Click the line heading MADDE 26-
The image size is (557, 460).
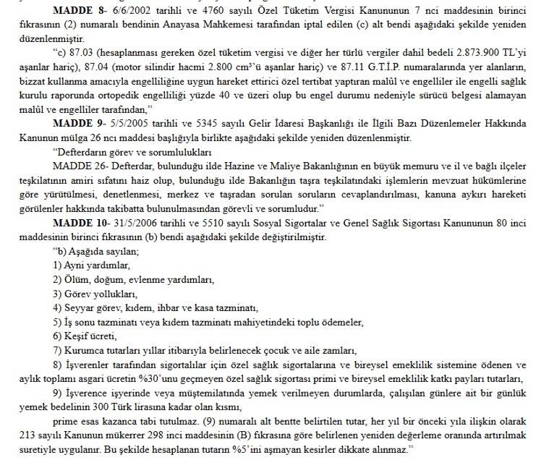pos(79,167)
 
